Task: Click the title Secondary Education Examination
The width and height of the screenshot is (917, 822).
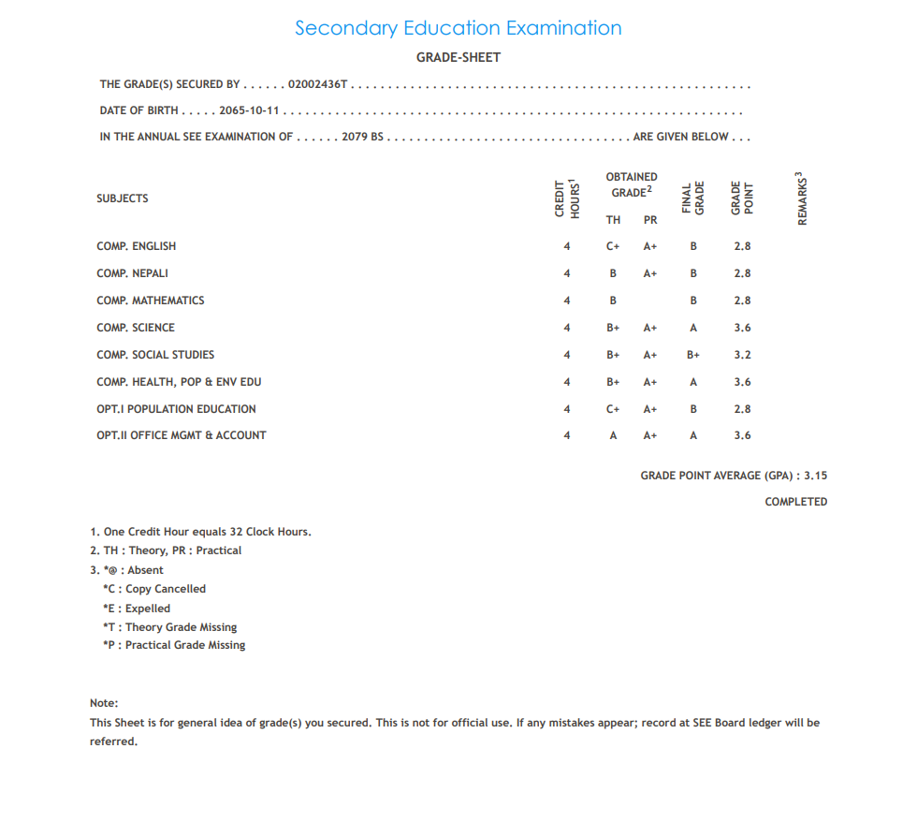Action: (458, 28)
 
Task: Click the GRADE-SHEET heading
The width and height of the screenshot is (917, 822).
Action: (458, 57)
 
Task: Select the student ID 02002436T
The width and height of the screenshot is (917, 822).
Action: (318, 84)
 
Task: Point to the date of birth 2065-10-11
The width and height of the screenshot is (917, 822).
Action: (250, 110)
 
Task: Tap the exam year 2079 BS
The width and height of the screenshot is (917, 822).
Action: (363, 137)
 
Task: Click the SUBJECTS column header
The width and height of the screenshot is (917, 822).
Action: (122, 198)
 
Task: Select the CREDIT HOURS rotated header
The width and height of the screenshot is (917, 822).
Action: (567, 198)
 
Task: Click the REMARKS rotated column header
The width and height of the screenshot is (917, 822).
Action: (802, 198)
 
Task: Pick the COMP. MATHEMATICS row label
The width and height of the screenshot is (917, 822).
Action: (150, 301)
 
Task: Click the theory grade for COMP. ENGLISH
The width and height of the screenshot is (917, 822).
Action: (613, 246)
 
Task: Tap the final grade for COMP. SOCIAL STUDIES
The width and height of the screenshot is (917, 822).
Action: (693, 355)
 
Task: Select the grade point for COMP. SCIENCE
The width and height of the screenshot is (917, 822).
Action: (742, 328)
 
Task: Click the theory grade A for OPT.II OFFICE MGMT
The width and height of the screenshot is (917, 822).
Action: (613, 435)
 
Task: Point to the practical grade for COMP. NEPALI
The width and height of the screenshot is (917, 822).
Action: (650, 273)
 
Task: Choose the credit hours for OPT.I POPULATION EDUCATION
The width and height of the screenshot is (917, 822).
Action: (567, 409)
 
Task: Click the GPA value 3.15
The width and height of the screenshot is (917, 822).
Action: (815, 476)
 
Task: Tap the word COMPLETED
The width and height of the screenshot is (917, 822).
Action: (795, 502)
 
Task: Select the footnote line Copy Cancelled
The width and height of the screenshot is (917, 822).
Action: (154, 589)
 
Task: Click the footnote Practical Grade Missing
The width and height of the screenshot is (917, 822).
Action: (174, 645)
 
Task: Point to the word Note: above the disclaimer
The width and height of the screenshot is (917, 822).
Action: (104, 703)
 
